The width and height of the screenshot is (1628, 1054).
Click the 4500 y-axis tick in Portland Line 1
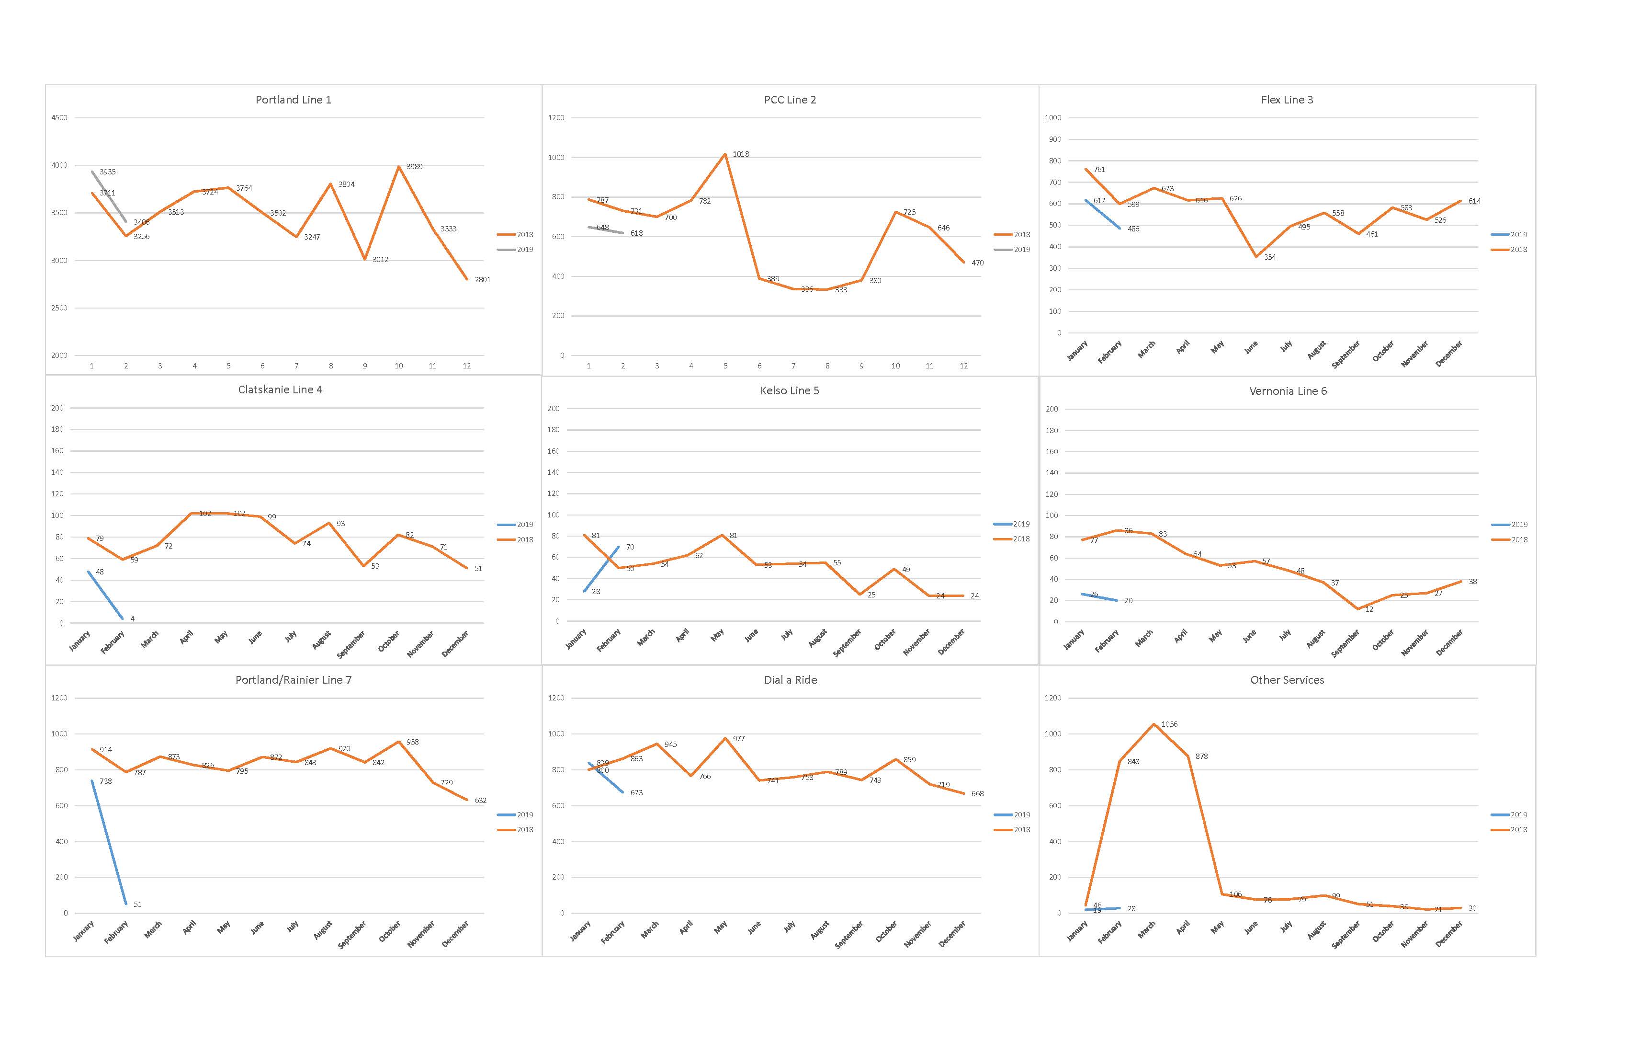[x=59, y=118]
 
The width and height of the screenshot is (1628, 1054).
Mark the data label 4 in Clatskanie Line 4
[x=133, y=619]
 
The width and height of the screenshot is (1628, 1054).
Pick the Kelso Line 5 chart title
[x=790, y=391]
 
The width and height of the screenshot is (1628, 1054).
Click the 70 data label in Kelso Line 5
[x=630, y=548]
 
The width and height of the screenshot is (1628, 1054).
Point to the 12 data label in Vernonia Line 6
[x=1369, y=609]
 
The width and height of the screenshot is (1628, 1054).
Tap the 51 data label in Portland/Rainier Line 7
[x=137, y=904]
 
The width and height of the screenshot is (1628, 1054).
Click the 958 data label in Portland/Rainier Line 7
[x=412, y=742]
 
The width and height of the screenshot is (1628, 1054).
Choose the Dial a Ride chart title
[x=790, y=680]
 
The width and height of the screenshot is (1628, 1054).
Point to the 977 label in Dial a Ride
[x=739, y=739]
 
